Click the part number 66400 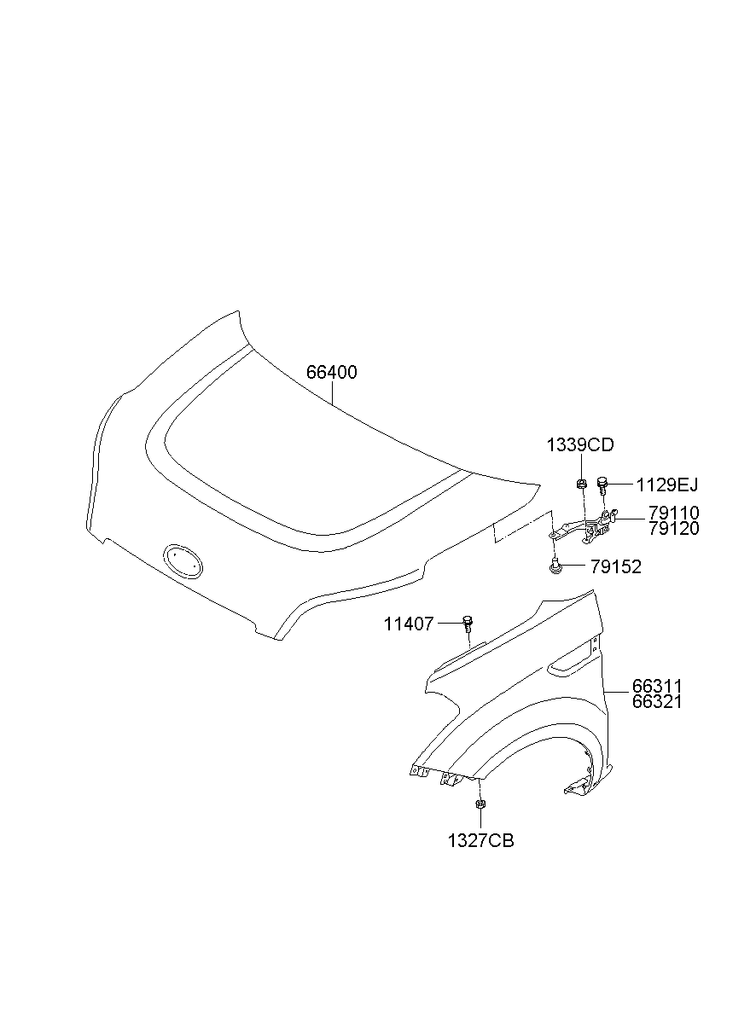point(332,372)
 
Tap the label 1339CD point(580,445)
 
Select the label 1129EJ point(667,485)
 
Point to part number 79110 point(674,513)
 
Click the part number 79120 point(674,529)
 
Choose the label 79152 point(616,567)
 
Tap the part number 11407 point(409,624)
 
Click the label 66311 point(657,686)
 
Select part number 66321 point(657,702)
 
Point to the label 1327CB point(480,841)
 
